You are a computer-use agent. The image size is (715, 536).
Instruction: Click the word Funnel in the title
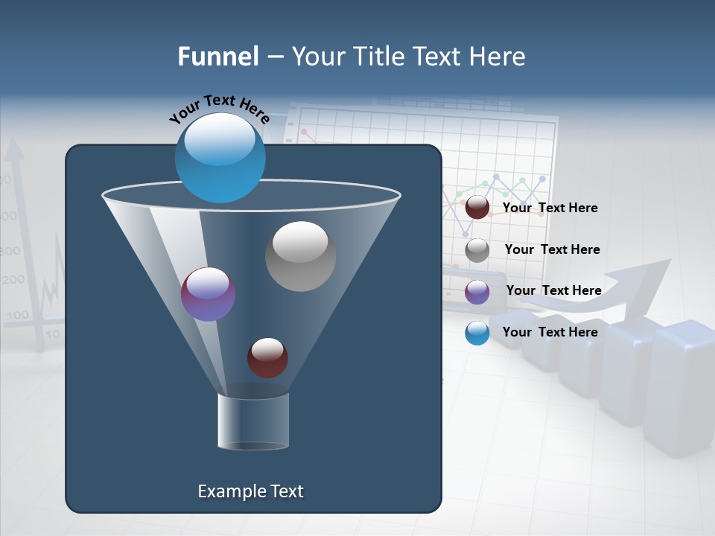[218, 57]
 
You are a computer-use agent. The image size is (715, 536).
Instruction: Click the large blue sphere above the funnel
[220, 157]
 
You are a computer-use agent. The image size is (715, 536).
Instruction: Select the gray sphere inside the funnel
[301, 256]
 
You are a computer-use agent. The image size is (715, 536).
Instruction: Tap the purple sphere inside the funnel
[208, 294]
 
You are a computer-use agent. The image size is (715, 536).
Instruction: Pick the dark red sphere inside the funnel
[267, 357]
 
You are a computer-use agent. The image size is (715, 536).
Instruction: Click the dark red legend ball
[477, 208]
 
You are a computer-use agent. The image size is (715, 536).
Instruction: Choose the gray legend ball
[477, 250]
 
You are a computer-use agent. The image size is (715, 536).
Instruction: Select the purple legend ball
[477, 292]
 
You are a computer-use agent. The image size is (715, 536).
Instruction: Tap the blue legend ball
[477, 333]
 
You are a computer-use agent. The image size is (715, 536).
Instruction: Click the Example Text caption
[251, 491]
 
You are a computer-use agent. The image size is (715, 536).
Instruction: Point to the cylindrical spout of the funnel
[253, 421]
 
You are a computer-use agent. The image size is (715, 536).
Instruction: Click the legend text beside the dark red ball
[550, 208]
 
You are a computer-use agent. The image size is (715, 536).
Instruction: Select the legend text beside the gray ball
[552, 250]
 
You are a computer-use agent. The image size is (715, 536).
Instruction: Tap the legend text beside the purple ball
[553, 291]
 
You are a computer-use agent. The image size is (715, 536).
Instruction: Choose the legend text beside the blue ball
[550, 332]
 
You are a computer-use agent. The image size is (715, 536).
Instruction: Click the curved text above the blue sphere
[220, 109]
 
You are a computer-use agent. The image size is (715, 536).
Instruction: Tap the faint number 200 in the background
[13, 281]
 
